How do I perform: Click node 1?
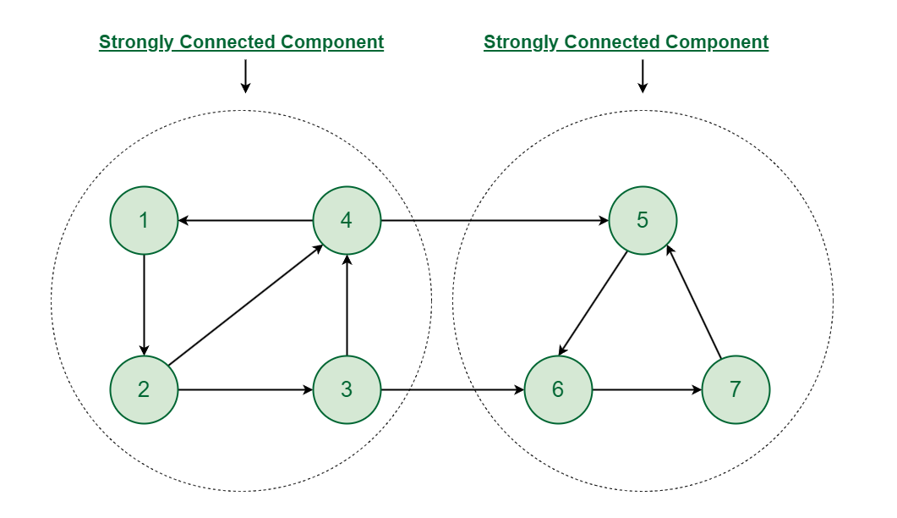pos(144,221)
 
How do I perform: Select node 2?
pos(144,390)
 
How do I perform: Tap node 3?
pos(347,390)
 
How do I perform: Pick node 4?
pos(347,221)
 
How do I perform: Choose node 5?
pos(643,221)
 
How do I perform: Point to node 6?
pos(558,390)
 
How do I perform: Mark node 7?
pos(736,390)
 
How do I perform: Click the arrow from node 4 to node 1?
pos(245,221)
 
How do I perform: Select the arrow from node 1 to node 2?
pos(144,306)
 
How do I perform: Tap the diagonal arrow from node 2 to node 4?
pos(245,306)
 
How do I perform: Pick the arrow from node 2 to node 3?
pos(245,390)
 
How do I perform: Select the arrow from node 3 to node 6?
pos(452,390)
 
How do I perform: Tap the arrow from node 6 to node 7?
pos(647,390)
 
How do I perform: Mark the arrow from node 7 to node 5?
pos(693,301)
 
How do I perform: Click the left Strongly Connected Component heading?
pos(241,42)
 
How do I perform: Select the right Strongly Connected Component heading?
pos(626,42)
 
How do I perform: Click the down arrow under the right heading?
pos(643,76)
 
